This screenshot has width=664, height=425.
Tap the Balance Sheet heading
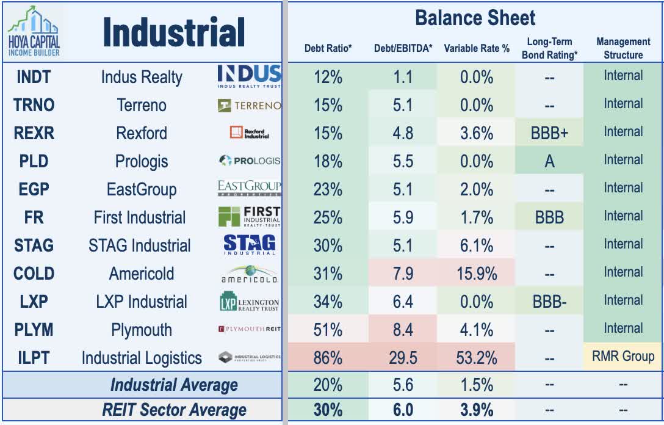(475, 18)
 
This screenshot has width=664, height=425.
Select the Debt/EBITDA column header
(403, 48)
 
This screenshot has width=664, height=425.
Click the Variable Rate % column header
(477, 48)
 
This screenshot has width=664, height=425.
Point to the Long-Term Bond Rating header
(549, 48)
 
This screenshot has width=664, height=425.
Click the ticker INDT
(34, 78)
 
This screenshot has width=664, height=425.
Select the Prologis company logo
(249, 161)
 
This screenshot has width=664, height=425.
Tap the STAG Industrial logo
(249, 245)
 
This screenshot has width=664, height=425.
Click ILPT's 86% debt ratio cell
(328, 357)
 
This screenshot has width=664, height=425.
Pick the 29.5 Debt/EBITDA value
(403, 357)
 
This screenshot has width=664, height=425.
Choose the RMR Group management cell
(623, 356)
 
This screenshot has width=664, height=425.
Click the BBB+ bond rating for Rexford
(549, 133)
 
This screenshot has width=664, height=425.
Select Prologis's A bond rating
(549, 161)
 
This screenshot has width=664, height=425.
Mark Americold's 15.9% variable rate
(477, 273)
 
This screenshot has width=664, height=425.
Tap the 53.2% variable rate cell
(477, 357)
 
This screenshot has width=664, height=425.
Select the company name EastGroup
(142, 189)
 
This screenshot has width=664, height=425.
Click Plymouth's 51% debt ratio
(328, 330)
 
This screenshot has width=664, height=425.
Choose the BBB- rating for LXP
(549, 302)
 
